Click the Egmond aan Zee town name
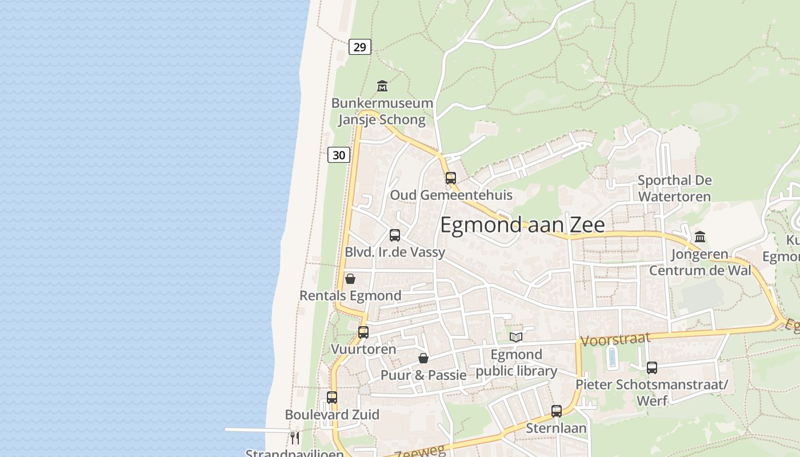[522, 225]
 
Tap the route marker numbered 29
[359, 47]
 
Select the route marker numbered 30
[338, 155]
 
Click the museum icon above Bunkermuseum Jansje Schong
[382, 86]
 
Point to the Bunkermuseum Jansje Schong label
[382, 111]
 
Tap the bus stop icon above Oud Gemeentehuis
[451, 178]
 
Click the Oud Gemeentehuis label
[451, 195]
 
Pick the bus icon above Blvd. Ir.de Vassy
[395, 235]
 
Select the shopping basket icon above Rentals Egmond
[350, 279]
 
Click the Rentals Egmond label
[350, 296]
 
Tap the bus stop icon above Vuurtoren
[363, 332]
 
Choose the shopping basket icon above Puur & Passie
[423, 358]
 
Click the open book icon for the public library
[516, 337]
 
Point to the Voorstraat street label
[615, 340]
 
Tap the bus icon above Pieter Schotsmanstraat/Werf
[652, 368]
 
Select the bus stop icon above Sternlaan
[557, 411]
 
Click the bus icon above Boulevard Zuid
[332, 397]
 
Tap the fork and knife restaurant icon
[295, 438]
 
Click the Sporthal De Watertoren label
[674, 189]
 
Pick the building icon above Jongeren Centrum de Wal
[700, 236]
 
